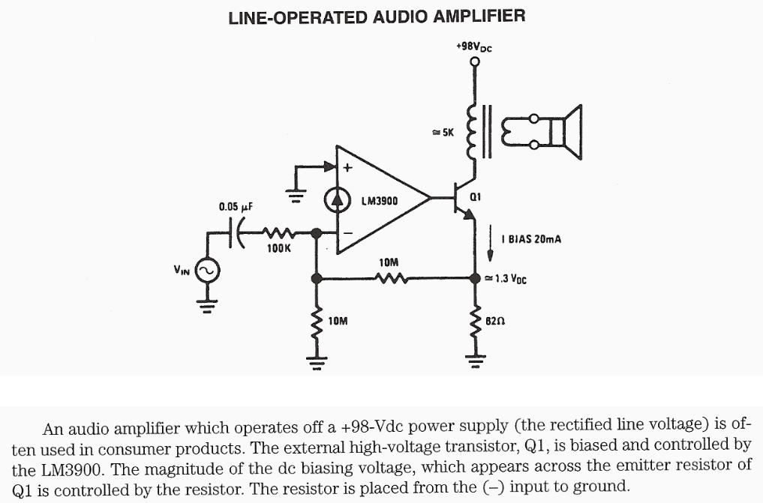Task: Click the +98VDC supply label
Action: coord(473,47)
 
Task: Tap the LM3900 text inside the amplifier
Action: coord(380,201)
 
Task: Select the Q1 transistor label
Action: coord(474,196)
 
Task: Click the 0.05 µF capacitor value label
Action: coord(236,206)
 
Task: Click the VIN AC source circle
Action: coord(207,271)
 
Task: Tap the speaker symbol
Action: coord(566,133)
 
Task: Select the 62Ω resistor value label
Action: coord(495,319)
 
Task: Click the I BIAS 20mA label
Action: coord(530,239)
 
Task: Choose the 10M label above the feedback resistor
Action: coord(389,262)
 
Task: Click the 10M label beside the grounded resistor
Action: coord(338,320)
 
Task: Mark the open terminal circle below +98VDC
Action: coord(474,63)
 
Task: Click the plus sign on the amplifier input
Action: coord(347,168)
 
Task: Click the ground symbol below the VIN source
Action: coord(207,305)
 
